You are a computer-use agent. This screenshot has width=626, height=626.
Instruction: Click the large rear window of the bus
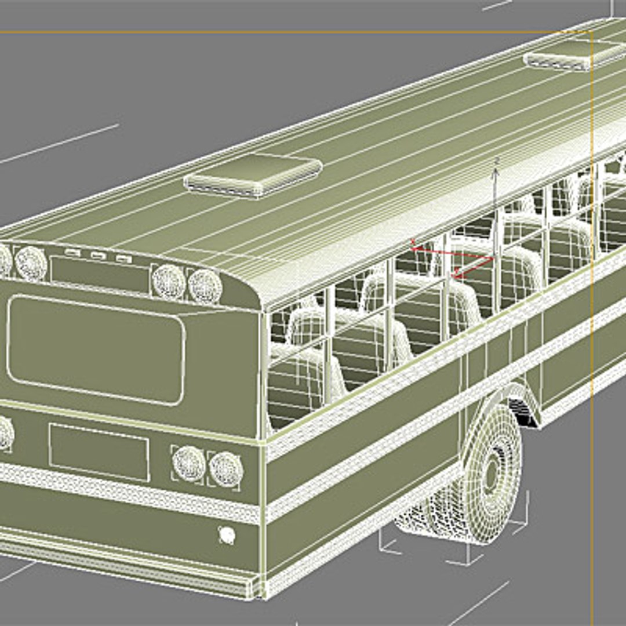96,350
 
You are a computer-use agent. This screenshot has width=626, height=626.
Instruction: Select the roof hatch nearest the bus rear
253,174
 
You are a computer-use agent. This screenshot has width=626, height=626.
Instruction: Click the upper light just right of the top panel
169,281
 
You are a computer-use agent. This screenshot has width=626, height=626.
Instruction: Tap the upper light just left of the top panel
31,263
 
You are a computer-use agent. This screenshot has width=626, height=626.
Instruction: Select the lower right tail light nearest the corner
225,468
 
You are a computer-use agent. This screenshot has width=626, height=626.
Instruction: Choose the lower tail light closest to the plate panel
189,463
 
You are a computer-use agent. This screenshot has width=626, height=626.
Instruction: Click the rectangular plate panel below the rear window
99,452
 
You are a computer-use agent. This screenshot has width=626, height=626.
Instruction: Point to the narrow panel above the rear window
99,274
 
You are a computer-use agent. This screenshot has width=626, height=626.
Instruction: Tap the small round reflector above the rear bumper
227,534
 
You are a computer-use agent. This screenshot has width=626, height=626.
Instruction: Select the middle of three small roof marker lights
98,255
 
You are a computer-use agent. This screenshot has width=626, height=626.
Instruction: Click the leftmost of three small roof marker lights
72,252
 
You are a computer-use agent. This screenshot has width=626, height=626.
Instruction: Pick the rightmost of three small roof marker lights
123,259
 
